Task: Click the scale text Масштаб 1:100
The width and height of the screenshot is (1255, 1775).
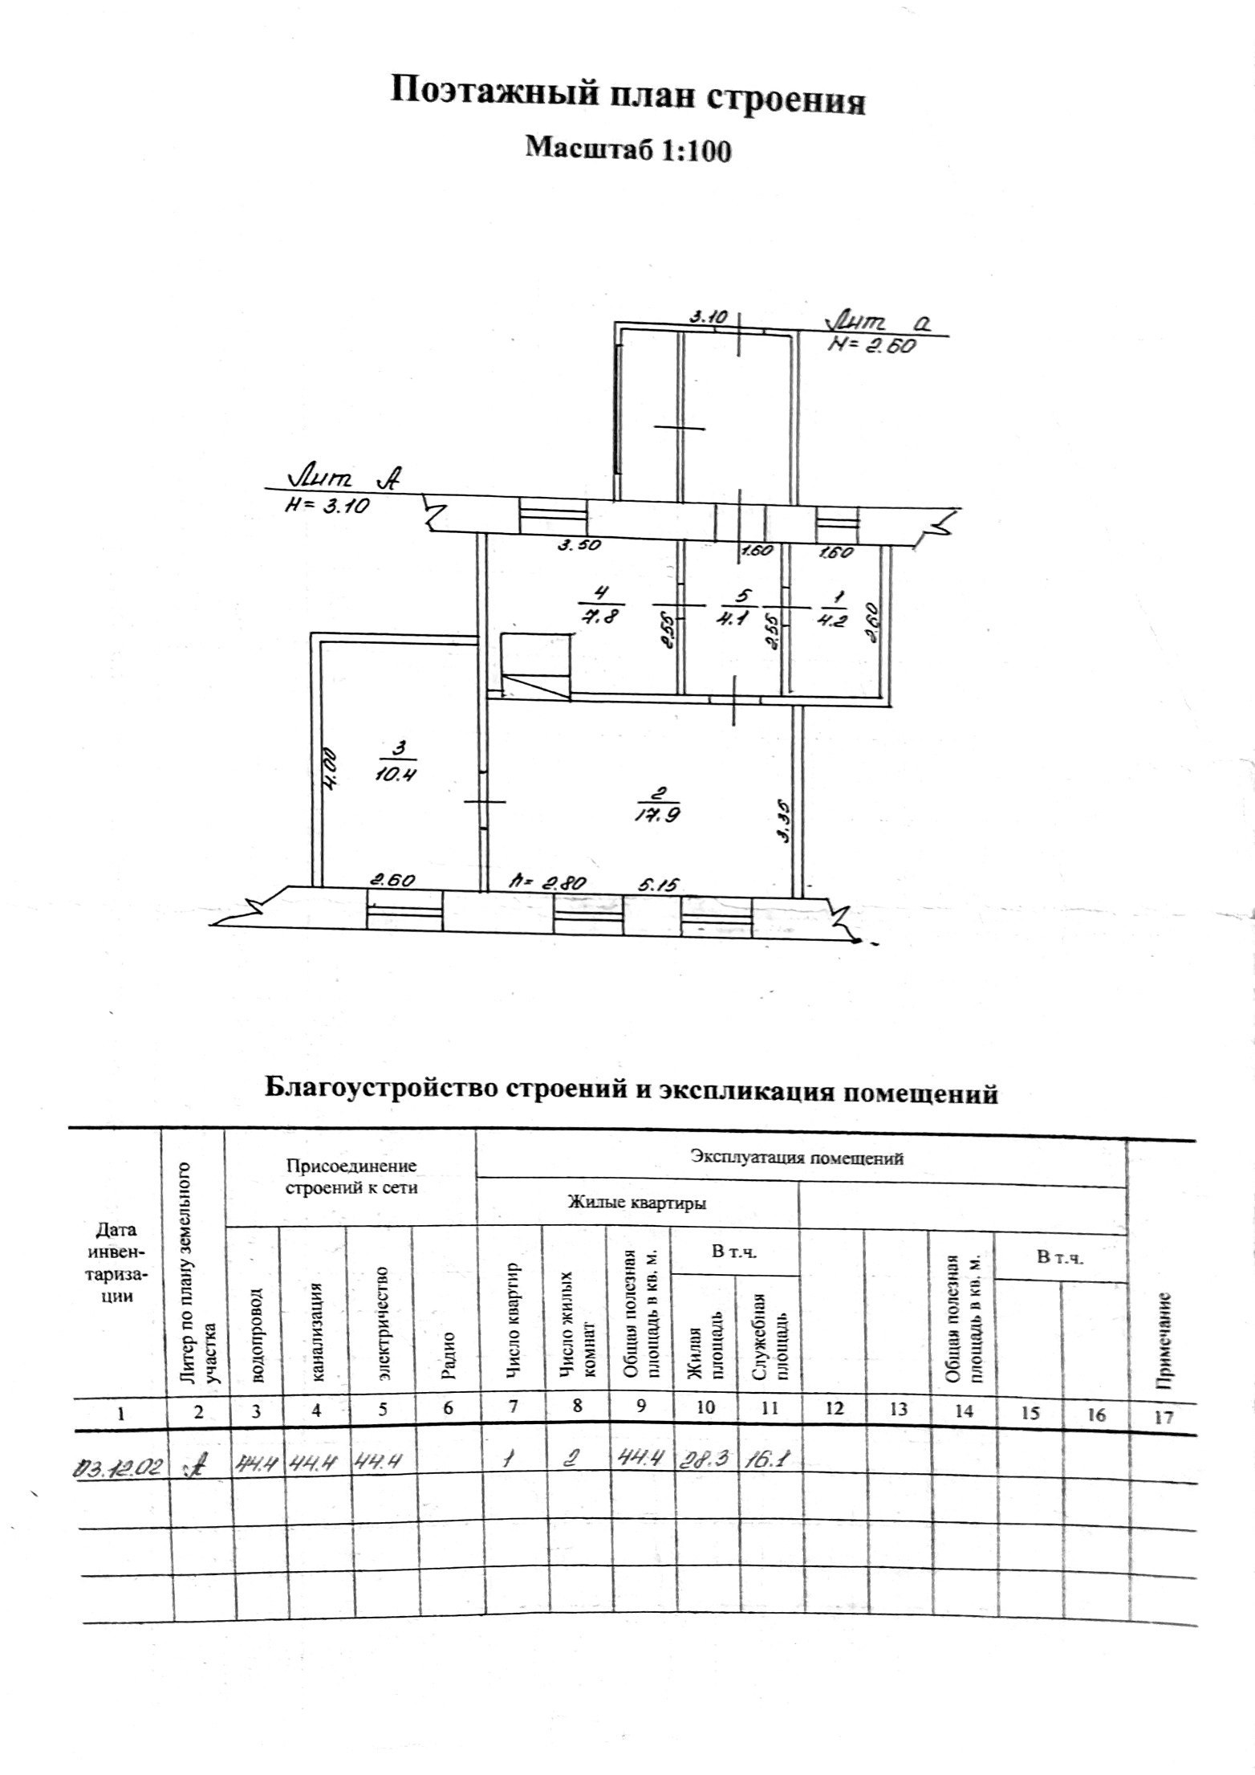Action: pos(627,149)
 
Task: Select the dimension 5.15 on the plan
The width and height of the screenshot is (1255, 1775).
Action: pos(659,884)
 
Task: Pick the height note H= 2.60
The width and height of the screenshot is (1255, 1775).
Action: pos(872,346)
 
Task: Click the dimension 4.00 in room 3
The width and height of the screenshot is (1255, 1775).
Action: pos(331,771)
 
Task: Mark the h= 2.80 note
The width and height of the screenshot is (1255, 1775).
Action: pos(550,883)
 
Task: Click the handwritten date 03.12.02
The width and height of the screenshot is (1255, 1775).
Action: pos(119,1466)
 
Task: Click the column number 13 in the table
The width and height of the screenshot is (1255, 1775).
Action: pos(899,1410)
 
